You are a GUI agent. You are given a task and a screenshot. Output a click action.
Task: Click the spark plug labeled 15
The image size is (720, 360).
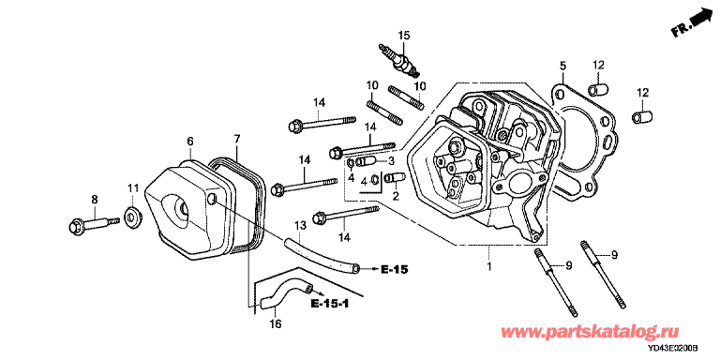click(399, 60)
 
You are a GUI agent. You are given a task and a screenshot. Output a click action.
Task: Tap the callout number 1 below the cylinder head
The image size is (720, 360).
click(489, 266)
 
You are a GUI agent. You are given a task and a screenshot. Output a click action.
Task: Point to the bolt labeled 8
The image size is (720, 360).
click(94, 224)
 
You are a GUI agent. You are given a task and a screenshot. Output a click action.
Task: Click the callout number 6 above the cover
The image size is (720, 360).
click(190, 142)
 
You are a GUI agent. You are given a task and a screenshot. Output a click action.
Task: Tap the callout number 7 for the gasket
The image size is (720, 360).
click(236, 138)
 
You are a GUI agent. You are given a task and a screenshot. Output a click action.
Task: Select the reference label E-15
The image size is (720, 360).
click(394, 269)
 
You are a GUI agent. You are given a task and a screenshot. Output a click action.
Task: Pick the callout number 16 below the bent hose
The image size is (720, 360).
click(275, 324)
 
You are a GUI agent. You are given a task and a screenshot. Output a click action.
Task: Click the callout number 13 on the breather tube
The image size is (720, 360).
click(299, 225)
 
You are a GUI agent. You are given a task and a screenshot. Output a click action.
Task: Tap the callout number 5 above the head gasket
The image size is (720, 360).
click(562, 66)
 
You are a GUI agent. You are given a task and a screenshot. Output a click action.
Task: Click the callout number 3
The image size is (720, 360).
click(391, 160)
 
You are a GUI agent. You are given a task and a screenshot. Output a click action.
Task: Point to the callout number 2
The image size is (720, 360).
click(396, 197)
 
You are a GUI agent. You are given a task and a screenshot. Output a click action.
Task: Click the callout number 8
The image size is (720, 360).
click(94, 200)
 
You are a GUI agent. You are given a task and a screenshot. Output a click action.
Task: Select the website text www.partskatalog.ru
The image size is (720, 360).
click(590, 332)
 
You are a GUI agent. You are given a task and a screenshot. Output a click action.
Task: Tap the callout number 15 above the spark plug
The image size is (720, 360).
click(404, 35)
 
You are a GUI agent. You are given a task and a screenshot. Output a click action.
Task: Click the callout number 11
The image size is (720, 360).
click(133, 187)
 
